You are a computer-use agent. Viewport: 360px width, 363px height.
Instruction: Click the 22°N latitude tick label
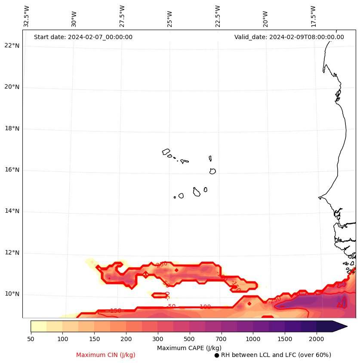[x=12, y=46]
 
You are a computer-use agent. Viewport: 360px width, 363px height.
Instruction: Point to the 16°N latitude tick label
[x=12, y=170]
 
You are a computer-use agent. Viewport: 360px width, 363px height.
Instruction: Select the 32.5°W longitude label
[x=27, y=16]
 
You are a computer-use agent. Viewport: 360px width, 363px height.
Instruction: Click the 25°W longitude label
[x=170, y=16]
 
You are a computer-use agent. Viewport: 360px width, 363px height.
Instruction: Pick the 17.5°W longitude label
[x=313, y=16]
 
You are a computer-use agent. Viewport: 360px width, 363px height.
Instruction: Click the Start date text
[x=83, y=37]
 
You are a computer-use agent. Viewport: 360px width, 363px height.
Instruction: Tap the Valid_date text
[x=289, y=37]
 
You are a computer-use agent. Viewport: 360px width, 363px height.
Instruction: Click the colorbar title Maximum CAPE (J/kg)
[x=189, y=348]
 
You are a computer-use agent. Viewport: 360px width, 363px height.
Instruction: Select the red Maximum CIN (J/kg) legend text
[x=106, y=355]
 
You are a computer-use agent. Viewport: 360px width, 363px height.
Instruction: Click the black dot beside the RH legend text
[x=217, y=355]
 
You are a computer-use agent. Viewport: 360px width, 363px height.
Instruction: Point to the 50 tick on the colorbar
[x=31, y=339]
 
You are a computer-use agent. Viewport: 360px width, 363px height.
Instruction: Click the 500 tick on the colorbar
[x=189, y=339]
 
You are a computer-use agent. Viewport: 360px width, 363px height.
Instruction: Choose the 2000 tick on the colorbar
[x=316, y=339]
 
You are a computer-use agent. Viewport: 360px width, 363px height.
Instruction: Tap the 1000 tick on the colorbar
[x=253, y=339]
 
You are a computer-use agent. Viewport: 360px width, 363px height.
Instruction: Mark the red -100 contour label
[x=205, y=307]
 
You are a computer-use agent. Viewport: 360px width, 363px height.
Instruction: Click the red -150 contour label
[x=115, y=311]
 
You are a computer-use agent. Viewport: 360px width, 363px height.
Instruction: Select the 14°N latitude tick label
[x=12, y=211]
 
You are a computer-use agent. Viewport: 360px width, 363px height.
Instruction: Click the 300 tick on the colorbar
[x=157, y=339]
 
